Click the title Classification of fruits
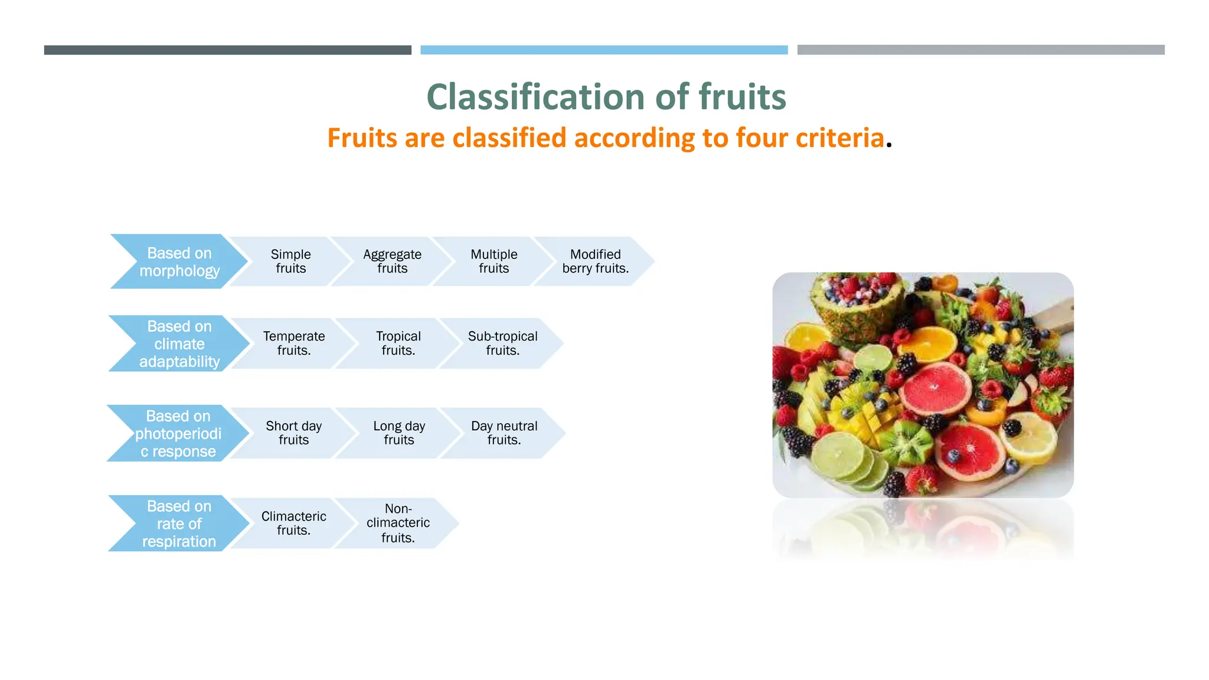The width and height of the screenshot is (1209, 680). [606, 97]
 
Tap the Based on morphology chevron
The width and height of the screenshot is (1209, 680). [179, 261]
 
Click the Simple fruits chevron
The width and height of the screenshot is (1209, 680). [290, 261]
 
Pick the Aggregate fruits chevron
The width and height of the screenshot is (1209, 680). [392, 261]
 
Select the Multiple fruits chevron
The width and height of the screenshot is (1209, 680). [494, 261]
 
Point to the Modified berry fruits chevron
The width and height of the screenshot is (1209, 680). [595, 261]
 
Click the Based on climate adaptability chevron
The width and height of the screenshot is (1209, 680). [179, 344]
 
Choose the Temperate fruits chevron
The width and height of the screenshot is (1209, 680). [293, 344]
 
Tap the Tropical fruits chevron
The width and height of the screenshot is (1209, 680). [398, 344]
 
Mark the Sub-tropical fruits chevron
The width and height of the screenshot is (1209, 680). [502, 344]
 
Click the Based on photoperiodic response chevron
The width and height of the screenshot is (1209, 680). [178, 433]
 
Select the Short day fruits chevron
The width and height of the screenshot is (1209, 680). [293, 433]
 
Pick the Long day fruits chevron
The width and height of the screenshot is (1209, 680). [399, 433]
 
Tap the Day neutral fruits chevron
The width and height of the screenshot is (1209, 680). [504, 433]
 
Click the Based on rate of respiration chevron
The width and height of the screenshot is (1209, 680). [179, 524]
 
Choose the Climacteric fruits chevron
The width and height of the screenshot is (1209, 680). [293, 524]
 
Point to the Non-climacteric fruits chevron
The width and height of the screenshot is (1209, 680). [398, 524]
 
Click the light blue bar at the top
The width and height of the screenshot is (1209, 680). [604, 50]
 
